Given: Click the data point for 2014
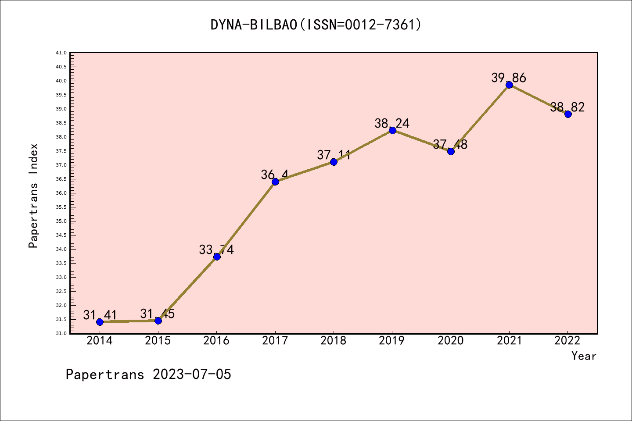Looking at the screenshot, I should click(100, 322).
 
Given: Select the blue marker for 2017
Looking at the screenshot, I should click(275, 182).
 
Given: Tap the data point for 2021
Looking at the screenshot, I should click(509, 85).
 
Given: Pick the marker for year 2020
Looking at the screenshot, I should click(451, 151).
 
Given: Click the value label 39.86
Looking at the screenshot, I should click(509, 78).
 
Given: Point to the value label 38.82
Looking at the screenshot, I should click(567, 107).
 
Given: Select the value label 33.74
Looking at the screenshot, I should click(216, 250).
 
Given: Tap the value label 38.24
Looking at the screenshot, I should click(392, 123).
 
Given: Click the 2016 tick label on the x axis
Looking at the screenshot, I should click(216, 341).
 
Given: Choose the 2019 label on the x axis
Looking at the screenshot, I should click(392, 341).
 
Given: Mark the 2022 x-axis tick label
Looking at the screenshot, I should click(567, 341).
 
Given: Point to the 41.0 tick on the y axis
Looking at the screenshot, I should click(61, 53).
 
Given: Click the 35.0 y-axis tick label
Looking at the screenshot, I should click(61, 221).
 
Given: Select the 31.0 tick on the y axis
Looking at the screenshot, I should click(61, 333).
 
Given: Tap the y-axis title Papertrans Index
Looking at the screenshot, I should click(33, 196).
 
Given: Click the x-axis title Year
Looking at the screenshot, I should click(584, 356).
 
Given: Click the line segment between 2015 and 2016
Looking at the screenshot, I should click(187, 289).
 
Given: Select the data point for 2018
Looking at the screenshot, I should click(334, 162).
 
